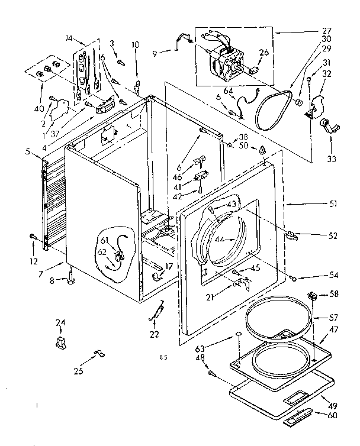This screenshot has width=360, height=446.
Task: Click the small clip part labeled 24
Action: point(60,342)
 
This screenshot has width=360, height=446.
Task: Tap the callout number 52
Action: point(333,235)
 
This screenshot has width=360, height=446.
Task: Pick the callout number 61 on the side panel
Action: point(104,240)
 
